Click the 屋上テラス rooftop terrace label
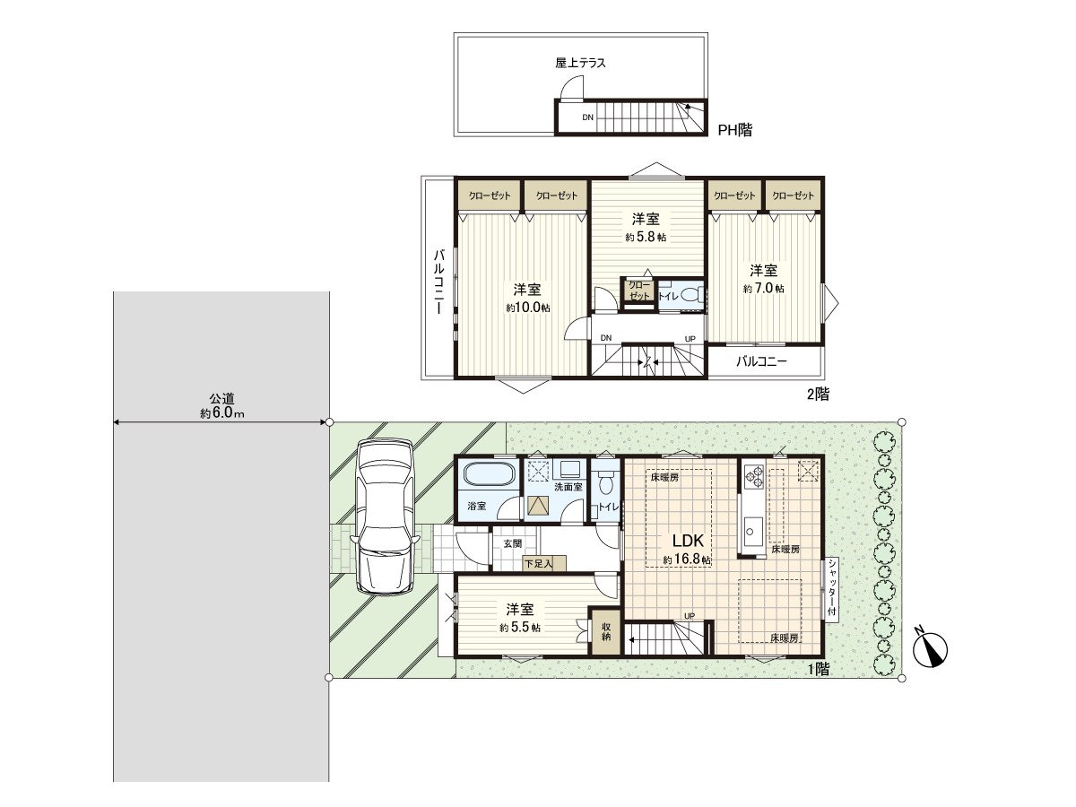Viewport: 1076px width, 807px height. click(580, 63)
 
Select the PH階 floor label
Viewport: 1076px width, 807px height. click(735, 130)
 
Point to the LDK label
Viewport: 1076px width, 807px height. click(687, 541)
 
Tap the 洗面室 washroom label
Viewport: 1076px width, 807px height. click(568, 487)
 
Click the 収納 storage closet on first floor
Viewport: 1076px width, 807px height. click(605, 630)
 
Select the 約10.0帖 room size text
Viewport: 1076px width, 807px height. click(527, 308)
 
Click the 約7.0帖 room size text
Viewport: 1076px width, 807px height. click(764, 289)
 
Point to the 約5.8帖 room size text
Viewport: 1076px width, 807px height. click(646, 238)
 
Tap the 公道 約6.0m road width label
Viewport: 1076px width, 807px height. click(221, 406)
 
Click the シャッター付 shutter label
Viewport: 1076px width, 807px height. click(832, 588)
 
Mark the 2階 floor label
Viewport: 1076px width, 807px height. click(817, 393)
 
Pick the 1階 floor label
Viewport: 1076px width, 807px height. click(817, 668)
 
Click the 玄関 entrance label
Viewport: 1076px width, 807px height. click(512, 543)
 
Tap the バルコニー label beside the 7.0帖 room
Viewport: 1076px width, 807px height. click(761, 362)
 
